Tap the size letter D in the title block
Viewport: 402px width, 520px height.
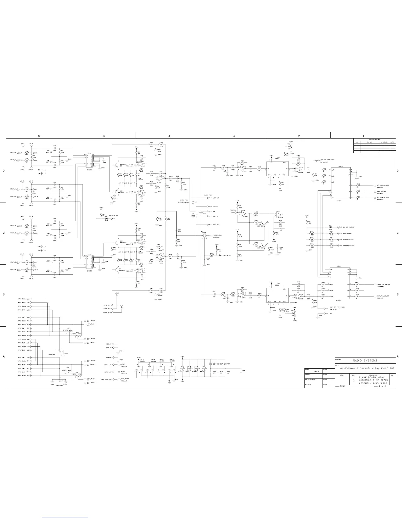pos(353,380)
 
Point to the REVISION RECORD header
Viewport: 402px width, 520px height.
pos(374,140)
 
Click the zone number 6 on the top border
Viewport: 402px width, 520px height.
pos(39,136)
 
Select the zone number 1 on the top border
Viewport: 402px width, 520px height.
pos(363,136)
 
